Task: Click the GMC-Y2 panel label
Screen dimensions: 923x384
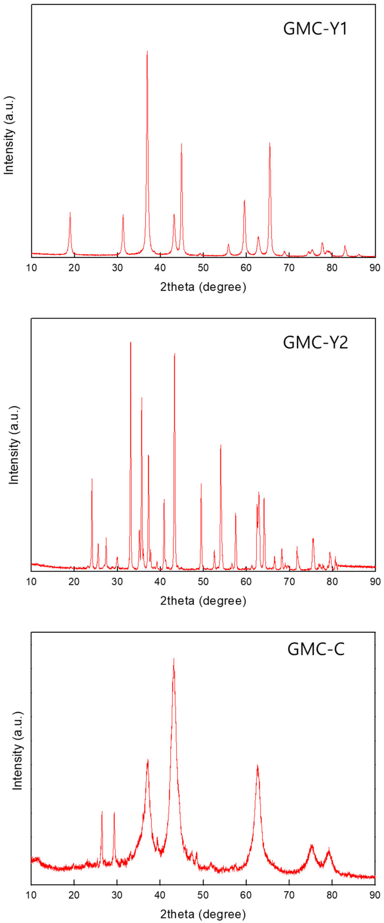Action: click(315, 343)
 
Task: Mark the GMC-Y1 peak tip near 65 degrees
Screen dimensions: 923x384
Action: click(270, 143)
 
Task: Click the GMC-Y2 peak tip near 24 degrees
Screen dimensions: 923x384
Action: click(92, 479)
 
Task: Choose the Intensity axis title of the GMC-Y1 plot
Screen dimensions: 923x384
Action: click(9, 135)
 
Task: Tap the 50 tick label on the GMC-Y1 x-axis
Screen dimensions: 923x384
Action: click(203, 268)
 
